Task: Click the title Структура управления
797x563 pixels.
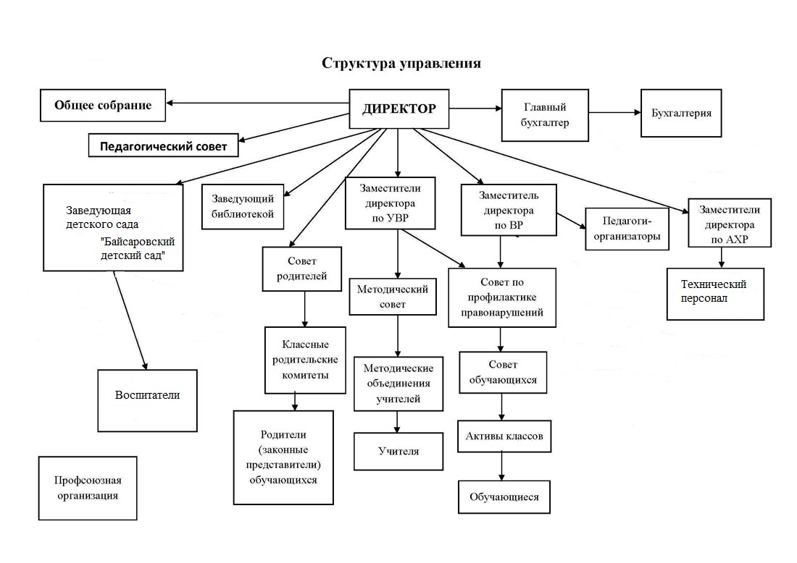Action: click(401, 63)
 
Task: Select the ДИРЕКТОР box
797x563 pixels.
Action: click(399, 109)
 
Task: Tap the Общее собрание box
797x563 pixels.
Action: click(103, 106)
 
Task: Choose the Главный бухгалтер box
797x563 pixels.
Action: click(545, 115)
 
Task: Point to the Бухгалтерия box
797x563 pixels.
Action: click(681, 113)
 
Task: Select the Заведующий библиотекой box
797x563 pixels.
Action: click(243, 206)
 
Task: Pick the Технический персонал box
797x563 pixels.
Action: click(715, 291)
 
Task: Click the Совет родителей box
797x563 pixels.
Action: click(302, 268)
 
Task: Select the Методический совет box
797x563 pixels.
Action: click(393, 296)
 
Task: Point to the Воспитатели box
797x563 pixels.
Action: click(147, 395)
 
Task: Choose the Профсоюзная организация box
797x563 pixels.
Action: click(87, 488)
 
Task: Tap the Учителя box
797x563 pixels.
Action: click(398, 452)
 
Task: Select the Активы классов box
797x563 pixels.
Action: click(504, 436)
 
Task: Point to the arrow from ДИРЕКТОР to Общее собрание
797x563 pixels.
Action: click(257, 102)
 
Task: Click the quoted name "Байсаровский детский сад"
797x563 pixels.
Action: click(139, 248)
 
